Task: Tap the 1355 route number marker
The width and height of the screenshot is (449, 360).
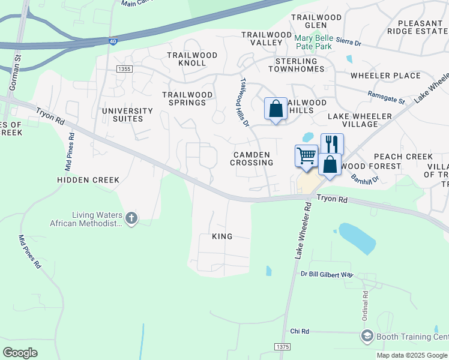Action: click(x=125, y=70)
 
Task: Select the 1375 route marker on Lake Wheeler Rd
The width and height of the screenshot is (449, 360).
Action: click(x=282, y=347)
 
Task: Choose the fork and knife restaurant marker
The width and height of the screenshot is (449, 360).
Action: click(x=332, y=144)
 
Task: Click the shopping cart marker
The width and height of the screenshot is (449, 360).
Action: click(x=306, y=155)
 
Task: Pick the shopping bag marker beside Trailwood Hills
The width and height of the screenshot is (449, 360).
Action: click(x=276, y=109)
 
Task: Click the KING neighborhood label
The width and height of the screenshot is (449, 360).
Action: click(x=222, y=236)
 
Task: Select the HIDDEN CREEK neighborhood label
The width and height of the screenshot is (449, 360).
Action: click(x=88, y=179)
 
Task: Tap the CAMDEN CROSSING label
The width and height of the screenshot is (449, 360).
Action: click(x=253, y=158)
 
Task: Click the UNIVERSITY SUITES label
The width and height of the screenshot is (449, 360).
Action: click(x=127, y=115)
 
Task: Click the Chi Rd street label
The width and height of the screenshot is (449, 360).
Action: click(x=299, y=331)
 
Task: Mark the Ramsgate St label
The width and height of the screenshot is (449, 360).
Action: click(x=386, y=97)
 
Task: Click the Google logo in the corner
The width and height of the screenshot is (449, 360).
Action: click(x=20, y=352)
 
